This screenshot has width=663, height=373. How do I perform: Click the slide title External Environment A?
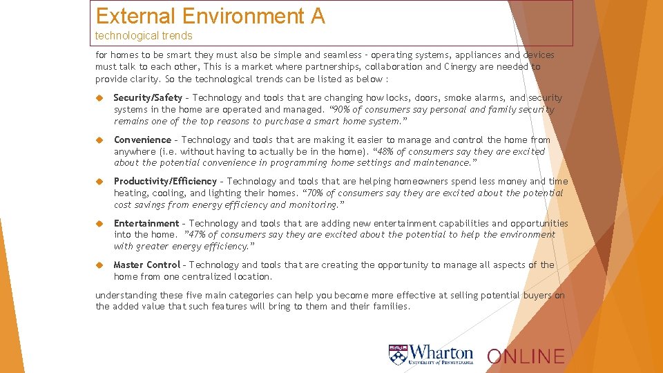(210, 16)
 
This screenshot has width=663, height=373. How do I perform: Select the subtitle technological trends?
(144, 35)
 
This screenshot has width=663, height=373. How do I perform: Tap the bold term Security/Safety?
(148, 98)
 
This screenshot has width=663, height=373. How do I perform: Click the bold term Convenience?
(142, 140)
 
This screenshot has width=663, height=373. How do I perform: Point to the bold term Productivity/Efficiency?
(165, 182)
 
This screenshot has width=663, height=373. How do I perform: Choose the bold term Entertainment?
(146, 223)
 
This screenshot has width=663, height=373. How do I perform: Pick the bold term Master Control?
(146, 265)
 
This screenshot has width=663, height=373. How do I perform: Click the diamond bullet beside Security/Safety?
(99, 98)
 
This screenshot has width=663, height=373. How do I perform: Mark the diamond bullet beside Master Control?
(99, 265)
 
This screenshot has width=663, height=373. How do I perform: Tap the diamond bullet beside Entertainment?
(99, 223)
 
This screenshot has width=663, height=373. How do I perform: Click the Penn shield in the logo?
(398, 355)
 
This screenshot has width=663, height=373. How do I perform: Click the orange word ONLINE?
(526, 356)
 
